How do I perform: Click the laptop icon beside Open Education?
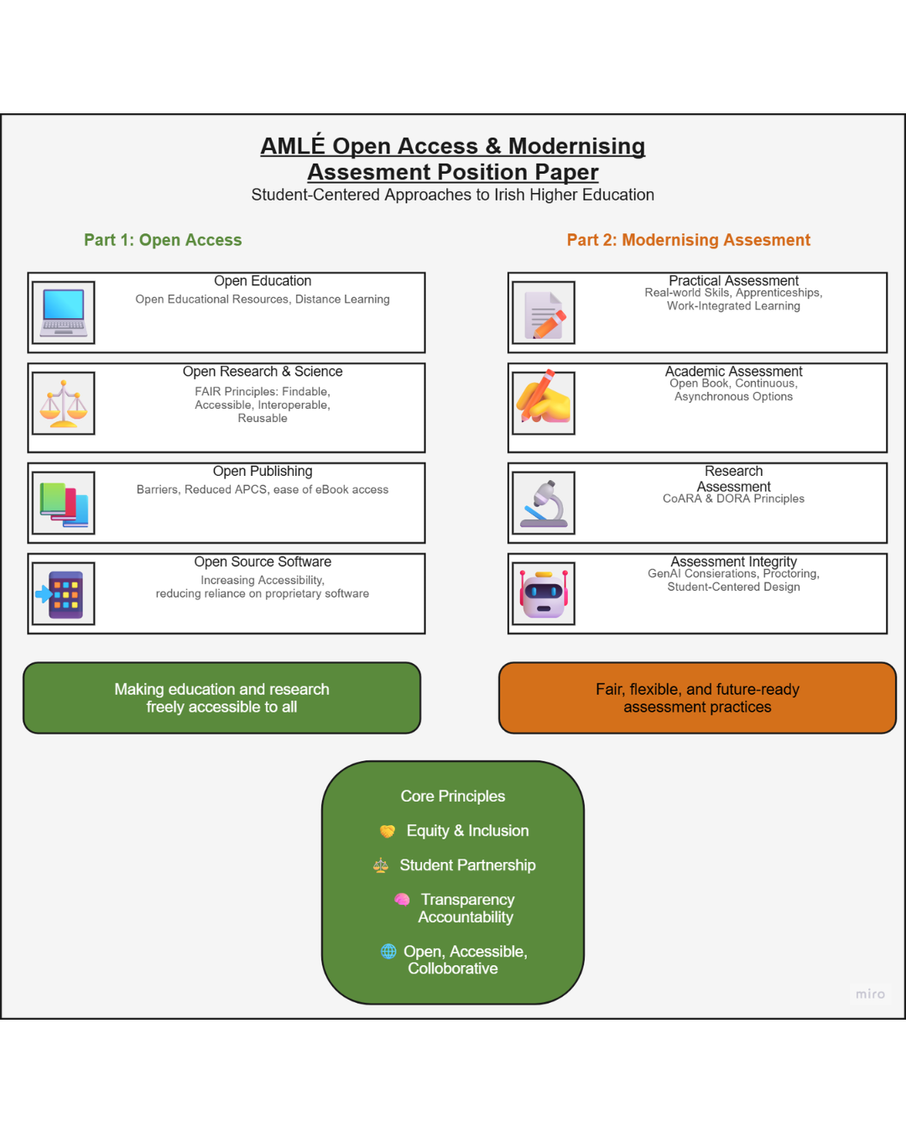pyautogui.click(x=64, y=312)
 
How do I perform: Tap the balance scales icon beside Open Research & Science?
pyautogui.click(x=64, y=404)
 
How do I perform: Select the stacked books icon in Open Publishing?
pyautogui.click(x=64, y=503)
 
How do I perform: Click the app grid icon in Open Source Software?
pyautogui.click(x=64, y=594)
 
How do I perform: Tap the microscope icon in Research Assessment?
pyautogui.click(x=544, y=503)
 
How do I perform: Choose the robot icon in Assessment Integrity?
pyautogui.click(x=544, y=594)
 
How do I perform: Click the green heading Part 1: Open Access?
pyautogui.click(x=163, y=240)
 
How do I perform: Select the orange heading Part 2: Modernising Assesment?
pyautogui.click(x=689, y=240)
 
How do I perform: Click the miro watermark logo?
pyautogui.click(x=870, y=994)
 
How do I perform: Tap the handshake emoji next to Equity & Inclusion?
pyautogui.click(x=388, y=831)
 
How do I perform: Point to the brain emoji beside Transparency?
pyautogui.click(x=402, y=899)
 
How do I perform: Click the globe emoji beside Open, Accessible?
pyautogui.click(x=388, y=951)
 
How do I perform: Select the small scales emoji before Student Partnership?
pyautogui.click(x=381, y=865)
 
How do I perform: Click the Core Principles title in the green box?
pyautogui.click(x=453, y=796)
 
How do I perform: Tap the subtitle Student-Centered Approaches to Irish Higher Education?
pyautogui.click(x=453, y=195)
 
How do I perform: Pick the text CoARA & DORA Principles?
pyautogui.click(x=733, y=499)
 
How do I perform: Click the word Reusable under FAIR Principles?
pyautogui.click(x=263, y=419)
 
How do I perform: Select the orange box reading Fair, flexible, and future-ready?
pyautogui.click(x=697, y=697)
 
